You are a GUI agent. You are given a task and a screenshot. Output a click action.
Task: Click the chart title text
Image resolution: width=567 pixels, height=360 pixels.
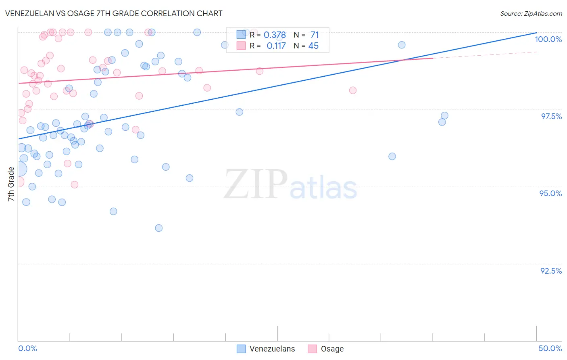(114, 13)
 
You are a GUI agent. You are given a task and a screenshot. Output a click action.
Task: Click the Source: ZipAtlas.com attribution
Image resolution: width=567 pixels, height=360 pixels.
(531, 14)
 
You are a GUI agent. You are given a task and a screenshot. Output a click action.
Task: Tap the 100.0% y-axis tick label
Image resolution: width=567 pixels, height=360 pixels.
(548, 39)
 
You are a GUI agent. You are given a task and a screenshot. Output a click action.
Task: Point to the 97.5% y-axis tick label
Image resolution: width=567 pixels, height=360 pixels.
(551, 116)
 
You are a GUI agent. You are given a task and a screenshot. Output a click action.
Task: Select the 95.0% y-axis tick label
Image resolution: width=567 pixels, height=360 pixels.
(550, 193)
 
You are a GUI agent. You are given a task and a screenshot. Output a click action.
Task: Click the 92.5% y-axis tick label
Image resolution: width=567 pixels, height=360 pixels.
(550, 271)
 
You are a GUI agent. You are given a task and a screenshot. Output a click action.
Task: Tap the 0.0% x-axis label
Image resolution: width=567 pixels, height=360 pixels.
(27, 348)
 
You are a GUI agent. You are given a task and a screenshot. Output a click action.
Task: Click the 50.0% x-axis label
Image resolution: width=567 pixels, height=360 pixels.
(550, 348)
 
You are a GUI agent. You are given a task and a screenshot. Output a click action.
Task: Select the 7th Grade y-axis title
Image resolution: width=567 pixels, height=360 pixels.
(11, 184)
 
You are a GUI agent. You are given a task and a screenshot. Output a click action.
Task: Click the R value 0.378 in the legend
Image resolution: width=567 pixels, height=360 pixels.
(275, 35)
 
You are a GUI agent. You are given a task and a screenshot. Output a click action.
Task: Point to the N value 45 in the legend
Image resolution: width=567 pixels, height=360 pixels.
(313, 46)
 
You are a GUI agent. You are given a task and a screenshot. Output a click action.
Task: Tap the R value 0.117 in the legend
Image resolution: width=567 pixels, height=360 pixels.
(276, 46)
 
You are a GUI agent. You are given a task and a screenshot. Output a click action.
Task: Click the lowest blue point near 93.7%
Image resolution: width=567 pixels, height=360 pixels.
(159, 228)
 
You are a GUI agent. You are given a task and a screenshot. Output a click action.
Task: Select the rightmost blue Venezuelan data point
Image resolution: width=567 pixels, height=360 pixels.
(444, 116)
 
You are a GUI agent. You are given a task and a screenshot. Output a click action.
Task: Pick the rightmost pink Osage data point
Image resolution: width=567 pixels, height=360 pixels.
(353, 90)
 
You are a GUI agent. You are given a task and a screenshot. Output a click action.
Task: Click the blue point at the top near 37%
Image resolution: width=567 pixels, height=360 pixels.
(402, 45)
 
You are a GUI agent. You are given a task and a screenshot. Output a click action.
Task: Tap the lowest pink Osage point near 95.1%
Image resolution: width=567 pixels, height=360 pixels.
(75, 184)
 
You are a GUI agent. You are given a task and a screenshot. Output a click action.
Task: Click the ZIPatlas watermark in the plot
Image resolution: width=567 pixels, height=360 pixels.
(290, 185)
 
